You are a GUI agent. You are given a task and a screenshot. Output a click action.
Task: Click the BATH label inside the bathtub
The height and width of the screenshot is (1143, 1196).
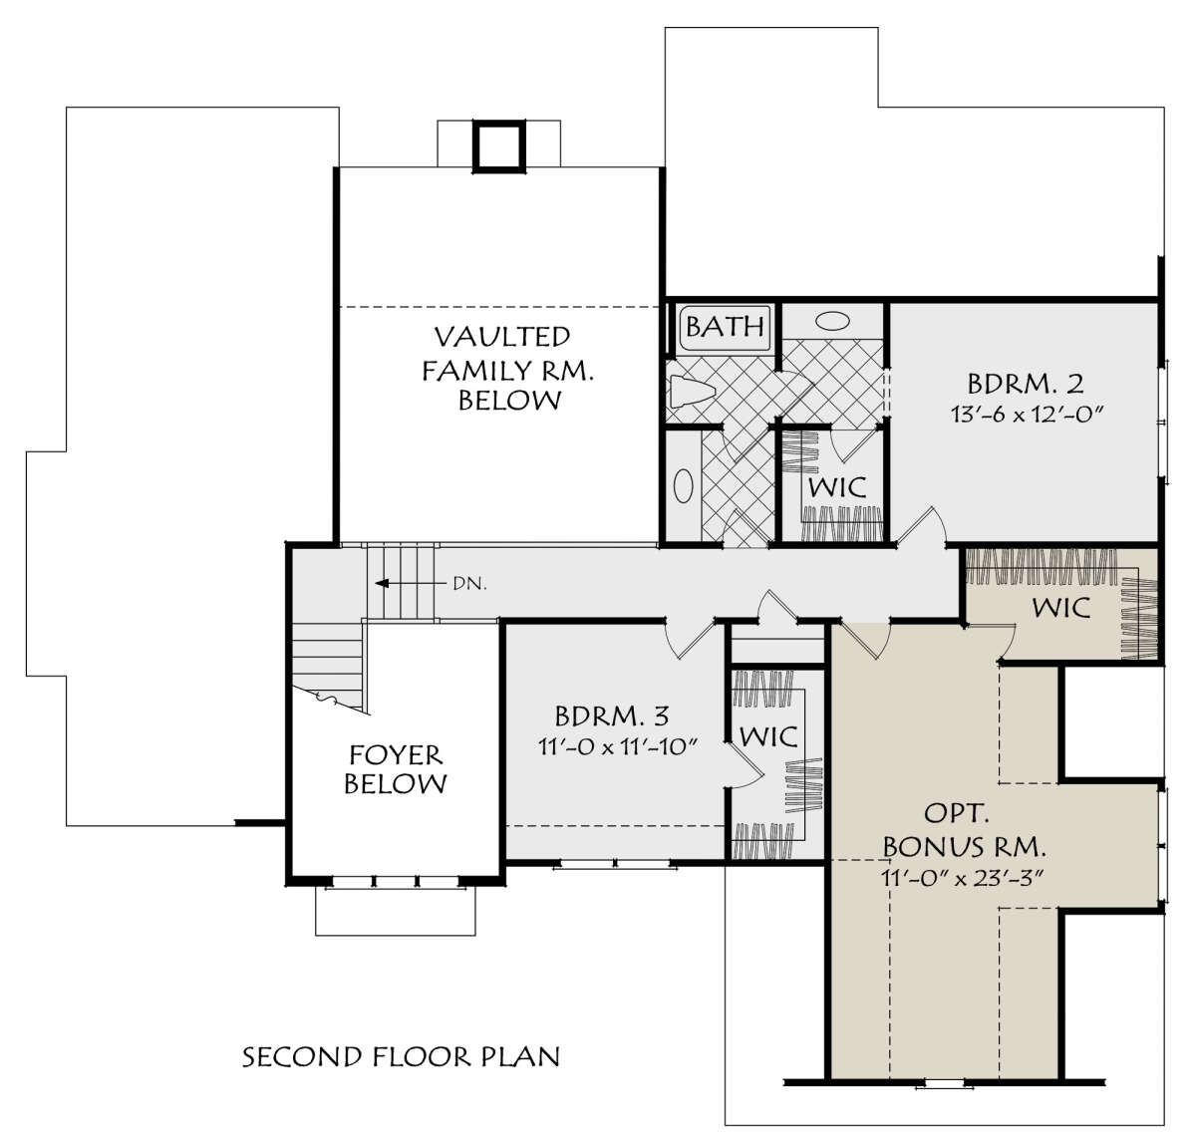point(725,326)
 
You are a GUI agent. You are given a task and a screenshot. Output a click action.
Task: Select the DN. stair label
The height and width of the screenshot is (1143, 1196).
point(470,584)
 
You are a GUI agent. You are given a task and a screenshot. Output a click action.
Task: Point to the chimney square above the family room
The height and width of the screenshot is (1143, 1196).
point(499,146)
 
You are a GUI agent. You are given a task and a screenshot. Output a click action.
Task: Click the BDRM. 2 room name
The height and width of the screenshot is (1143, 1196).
point(1026,384)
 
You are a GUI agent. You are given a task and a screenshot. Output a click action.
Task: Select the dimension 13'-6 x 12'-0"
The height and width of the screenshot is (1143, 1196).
point(1025,415)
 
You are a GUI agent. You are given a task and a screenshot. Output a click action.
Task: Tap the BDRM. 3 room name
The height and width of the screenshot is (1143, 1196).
point(612,716)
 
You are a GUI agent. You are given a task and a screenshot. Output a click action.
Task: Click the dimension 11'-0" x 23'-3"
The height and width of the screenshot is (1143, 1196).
point(964,878)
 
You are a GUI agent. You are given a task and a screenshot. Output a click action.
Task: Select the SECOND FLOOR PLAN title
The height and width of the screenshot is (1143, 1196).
point(401,1057)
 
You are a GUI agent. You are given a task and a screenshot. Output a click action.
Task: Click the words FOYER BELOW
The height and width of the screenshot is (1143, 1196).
point(396,769)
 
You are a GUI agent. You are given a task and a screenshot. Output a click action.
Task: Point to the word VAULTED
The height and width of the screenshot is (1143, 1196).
point(502,337)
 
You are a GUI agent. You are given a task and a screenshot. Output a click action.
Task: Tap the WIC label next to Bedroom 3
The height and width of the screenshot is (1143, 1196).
point(768,736)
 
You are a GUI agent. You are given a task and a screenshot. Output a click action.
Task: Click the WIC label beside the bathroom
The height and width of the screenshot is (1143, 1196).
point(837,488)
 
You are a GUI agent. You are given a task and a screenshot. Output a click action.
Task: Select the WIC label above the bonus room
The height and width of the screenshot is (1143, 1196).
point(1060,608)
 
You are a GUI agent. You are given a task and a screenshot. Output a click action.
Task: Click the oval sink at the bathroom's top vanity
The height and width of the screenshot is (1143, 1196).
point(833,320)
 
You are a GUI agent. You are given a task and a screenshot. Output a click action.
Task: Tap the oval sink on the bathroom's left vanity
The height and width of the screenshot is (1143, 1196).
point(684,486)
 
